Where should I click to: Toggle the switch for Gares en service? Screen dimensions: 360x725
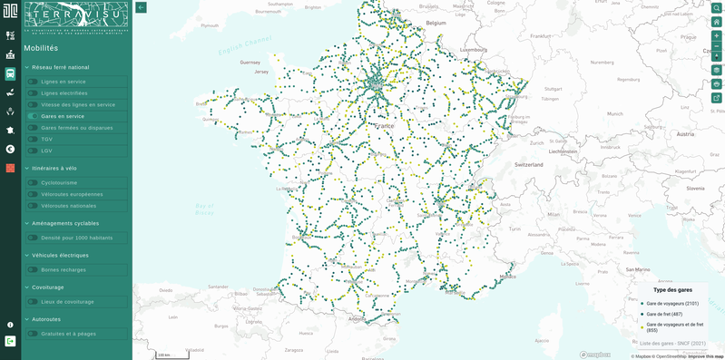click(x=33, y=116)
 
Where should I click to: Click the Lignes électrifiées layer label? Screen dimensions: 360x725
click(x=64, y=93)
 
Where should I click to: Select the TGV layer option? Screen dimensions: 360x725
click(x=47, y=140)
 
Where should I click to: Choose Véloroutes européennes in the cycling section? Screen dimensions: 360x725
click(x=72, y=194)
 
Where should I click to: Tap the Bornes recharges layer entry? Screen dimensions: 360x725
click(x=63, y=269)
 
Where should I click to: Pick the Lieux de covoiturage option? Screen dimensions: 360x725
click(x=67, y=302)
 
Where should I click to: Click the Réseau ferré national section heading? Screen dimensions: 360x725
click(x=61, y=67)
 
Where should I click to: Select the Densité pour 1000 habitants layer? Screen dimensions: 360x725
click(x=77, y=238)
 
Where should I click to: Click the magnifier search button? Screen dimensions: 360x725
click(x=716, y=8)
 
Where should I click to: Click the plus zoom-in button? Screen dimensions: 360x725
click(x=716, y=35)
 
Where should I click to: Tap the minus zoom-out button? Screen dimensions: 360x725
click(x=716, y=46)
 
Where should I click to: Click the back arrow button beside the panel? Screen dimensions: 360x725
click(x=142, y=7)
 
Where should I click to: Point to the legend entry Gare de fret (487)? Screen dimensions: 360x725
click(x=664, y=314)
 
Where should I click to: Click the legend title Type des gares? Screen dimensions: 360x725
click(x=672, y=290)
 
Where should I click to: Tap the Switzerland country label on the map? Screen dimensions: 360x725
click(x=528, y=165)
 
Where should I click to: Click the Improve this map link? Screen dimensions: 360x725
click(x=706, y=356)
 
